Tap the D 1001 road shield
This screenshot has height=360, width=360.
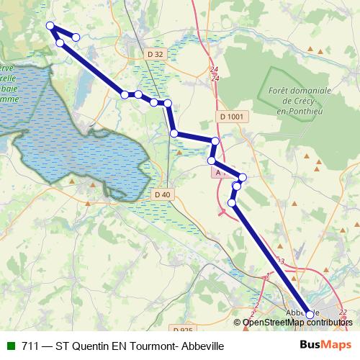229,116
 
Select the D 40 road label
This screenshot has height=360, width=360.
163,194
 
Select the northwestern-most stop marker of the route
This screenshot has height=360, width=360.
50,26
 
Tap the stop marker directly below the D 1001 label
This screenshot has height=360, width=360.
215,140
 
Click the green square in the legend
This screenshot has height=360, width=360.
10,346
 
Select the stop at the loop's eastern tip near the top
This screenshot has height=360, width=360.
76,37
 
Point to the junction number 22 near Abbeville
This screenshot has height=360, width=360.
343,312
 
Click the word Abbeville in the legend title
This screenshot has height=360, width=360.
199,346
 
